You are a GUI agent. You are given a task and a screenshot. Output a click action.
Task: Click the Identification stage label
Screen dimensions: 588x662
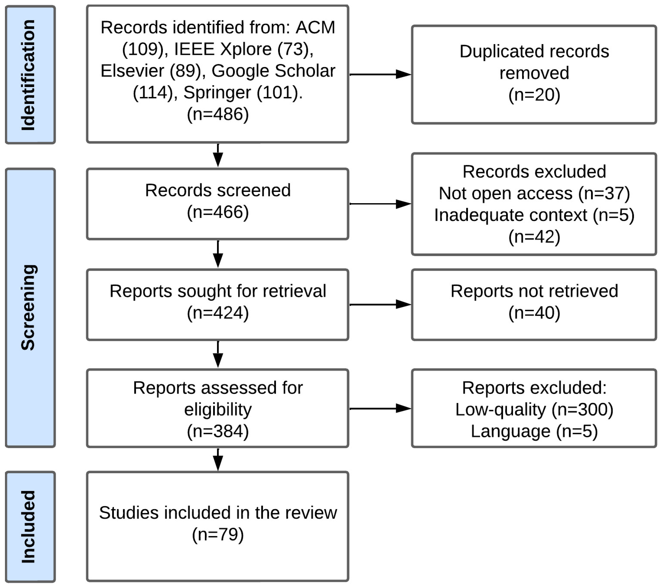(29, 75)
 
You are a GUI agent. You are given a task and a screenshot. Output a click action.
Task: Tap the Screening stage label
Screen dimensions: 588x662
(29, 307)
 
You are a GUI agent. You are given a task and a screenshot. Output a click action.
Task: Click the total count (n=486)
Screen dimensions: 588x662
(218, 114)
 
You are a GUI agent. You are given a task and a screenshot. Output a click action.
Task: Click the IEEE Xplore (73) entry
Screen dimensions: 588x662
(244, 49)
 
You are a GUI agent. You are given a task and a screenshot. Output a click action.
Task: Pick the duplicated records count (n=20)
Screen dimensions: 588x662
(534, 95)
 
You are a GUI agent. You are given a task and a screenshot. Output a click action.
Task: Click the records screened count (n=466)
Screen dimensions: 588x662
(218, 212)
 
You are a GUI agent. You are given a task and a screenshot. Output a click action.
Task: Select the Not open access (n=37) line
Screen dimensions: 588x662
(534, 193)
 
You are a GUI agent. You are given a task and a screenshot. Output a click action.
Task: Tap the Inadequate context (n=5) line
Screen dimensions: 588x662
(534, 215)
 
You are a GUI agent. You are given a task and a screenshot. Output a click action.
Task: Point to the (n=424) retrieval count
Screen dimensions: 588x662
(218, 313)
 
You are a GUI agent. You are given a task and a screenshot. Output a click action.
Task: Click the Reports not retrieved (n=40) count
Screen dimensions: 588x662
(534, 313)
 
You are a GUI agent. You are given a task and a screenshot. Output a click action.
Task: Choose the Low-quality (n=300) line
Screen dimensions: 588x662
(534, 409)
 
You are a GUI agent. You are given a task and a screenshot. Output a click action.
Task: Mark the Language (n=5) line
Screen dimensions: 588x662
(534, 431)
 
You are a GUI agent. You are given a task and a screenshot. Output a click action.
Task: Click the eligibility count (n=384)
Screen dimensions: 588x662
(218, 431)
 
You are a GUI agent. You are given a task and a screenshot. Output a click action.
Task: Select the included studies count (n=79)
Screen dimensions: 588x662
(218, 534)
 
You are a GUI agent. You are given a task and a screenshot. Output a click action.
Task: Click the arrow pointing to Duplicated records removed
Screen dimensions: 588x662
(380, 74)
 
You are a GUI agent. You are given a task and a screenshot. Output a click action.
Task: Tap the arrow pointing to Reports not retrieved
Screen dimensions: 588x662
(380, 304)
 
